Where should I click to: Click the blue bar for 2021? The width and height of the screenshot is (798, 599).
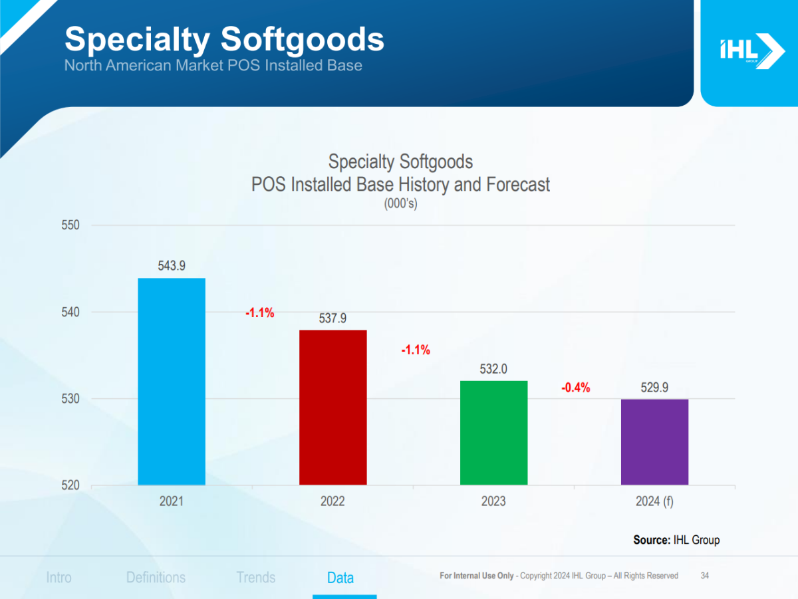click(x=172, y=382)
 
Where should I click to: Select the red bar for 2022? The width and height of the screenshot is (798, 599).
click(x=332, y=408)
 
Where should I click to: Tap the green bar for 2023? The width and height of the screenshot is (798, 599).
click(x=493, y=433)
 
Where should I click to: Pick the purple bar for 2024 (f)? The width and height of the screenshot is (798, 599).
click(x=654, y=442)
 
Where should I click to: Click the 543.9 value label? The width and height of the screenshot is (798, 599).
click(x=172, y=266)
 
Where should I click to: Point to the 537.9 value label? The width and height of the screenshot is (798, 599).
click(x=332, y=318)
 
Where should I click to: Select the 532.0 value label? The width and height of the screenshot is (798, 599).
click(x=493, y=369)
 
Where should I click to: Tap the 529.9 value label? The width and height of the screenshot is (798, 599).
click(x=654, y=387)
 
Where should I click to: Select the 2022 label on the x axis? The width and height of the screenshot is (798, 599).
click(x=332, y=501)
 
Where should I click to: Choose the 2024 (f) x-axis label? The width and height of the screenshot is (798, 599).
click(x=654, y=501)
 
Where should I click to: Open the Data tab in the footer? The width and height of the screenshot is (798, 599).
click(x=340, y=578)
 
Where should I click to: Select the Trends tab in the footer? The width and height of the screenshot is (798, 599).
click(x=256, y=578)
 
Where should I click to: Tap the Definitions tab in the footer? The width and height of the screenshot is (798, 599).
click(x=156, y=578)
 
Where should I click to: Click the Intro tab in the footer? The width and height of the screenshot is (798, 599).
click(x=59, y=578)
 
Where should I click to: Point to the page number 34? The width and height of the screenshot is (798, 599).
click(x=705, y=576)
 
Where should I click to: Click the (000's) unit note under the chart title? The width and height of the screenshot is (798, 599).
click(x=400, y=204)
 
